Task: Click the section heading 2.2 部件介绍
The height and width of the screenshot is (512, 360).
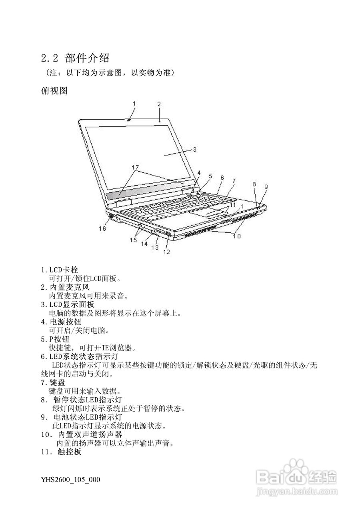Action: pyautogui.click(x=75, y=58)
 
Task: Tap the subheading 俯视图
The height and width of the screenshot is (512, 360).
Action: pyautogui.click(x=54, y=91)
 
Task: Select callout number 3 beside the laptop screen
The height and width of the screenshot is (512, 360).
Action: pyautogui.click(x=194, y=150)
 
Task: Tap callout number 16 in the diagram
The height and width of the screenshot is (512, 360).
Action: pyautogui.click(x=102, y=228)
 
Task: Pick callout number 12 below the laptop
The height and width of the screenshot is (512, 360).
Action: pyautogui.click(x=166, y=252)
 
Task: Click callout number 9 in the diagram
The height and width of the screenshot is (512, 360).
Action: pyautogui.click(x=266, y=186)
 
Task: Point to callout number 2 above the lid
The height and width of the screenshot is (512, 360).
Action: pyautogui.click(x=159, y=104)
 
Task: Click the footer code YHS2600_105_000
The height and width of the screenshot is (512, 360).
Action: pyautogui.click(x=70, y=480)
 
